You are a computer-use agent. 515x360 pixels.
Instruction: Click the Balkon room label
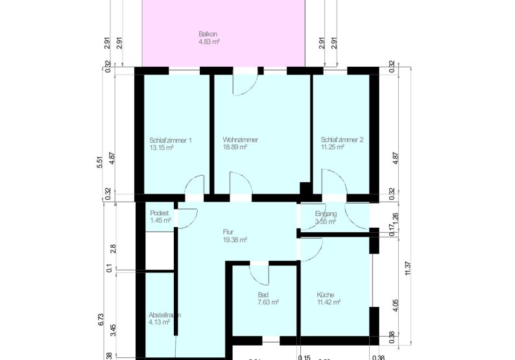coord(208,34)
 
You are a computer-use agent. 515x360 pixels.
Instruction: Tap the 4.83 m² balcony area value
coord(210,42)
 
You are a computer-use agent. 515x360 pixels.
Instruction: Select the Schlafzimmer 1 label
coord(170,140)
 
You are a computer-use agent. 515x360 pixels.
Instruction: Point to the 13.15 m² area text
coord(162,148)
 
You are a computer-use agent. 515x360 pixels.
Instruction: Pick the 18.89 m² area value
coord(235,148)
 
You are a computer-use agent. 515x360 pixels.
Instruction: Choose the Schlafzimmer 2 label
coord(342,140)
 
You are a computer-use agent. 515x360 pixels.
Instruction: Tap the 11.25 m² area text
coord(332,148)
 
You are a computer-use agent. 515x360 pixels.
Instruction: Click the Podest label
coord(160,213)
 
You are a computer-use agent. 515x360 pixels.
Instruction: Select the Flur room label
coord(228,231)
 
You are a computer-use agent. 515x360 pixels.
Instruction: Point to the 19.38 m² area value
coord(234,239)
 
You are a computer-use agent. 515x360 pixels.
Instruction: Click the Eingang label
coord(326,214)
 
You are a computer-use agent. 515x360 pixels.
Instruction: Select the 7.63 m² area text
coord(268,302)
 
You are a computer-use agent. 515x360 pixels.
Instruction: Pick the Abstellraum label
coord(165,315)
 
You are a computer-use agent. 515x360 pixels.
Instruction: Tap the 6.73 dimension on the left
coord(99,319)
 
